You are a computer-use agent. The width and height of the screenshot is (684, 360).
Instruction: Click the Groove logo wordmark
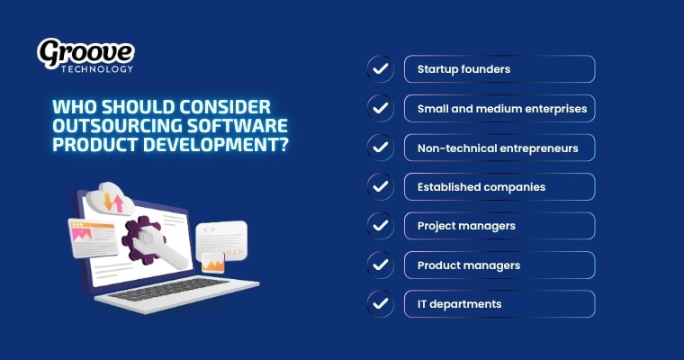[x=85, y=51]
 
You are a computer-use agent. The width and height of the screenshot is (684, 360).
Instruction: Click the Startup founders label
[x=453, y=69]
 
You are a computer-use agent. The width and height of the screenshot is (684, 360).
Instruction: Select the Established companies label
[x=468, y=187]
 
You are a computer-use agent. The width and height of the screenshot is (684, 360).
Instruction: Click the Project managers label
[x=466, y=226]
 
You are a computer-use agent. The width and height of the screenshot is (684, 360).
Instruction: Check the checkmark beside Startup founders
[x=380, y=69]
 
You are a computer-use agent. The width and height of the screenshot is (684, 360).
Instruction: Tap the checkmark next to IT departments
[x=380, y=304]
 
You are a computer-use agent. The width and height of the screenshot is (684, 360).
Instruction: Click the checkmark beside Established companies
[x=380, y=187]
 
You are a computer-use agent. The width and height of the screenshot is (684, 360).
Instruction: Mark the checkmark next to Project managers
[x=380, y=226]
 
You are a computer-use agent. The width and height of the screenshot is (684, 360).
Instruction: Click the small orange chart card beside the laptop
[x=213, y=263]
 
